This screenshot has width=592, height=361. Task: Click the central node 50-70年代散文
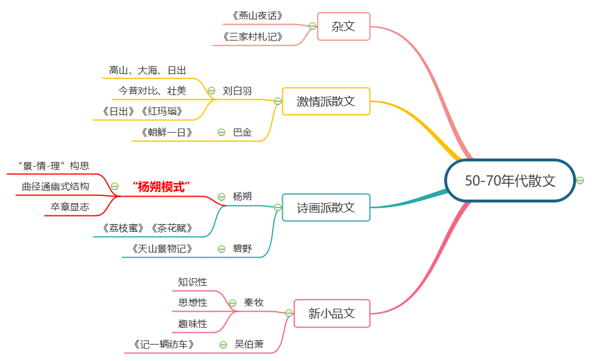[510, 181]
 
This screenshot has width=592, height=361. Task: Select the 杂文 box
[343, 26]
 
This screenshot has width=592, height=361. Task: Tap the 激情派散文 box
[326, 101]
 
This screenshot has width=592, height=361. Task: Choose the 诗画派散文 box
[326, 207]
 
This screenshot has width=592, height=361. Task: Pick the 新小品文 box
[331, 313]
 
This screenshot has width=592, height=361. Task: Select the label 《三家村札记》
[253, 36]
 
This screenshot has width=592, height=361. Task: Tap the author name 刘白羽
[237, 91]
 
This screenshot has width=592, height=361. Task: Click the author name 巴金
[242, 133]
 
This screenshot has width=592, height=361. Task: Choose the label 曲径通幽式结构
[56, 187]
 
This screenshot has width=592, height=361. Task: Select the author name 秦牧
[253, 303]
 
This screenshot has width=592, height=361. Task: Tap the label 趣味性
[192, 323]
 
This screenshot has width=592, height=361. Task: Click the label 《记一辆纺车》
[164, 345]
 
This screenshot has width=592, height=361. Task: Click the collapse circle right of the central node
[580, 180]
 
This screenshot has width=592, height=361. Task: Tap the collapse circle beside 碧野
[221, 249]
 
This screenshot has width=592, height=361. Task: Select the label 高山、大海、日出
[147, 70]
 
